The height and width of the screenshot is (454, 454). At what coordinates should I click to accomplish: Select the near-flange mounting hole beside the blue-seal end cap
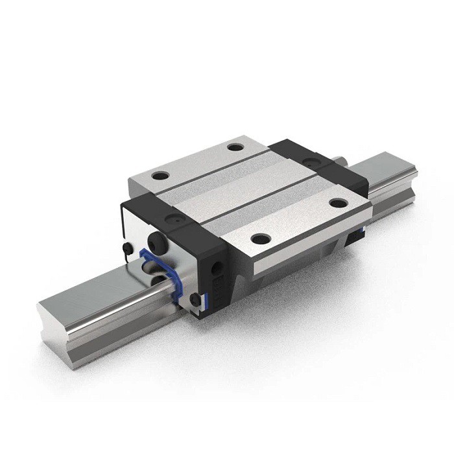tap(258, 238)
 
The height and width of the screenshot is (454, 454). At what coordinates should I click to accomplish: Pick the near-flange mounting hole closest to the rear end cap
tap(336, 203)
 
